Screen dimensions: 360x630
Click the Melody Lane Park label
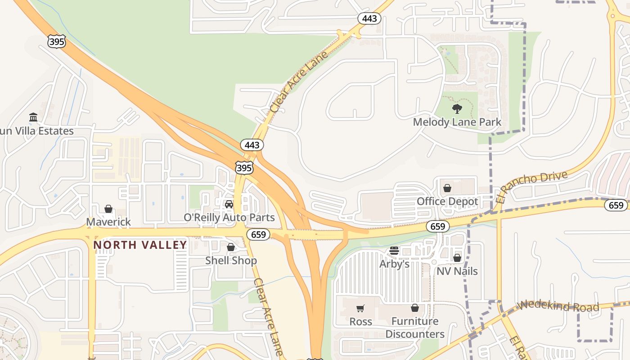[x=457, y=122]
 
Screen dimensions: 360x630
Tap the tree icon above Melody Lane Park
[x=457, y=108]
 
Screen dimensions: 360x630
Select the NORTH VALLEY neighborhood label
[x=140, y=245]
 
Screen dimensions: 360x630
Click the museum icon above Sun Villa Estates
[x=33, y=117]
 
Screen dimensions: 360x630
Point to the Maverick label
[x=108, y=222]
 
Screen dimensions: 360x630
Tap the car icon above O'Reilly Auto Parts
[x=229, y=204]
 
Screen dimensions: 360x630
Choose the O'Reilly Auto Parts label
[x=229, y=218]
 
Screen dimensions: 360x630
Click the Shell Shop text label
[x=231, y=261]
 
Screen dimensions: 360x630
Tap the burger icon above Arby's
[x=394, y=251]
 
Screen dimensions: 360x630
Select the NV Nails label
[x=457, y=271]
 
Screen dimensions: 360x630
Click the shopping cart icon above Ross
[x=360, y=308]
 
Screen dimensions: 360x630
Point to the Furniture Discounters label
[x=414, y=328]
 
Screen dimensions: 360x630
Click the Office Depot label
[x=447, y=201]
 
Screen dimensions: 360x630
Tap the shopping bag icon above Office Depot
[x=447, y=188]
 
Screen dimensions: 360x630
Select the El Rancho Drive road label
[x=531, y=186]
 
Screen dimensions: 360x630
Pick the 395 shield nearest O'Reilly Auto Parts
[x=244, y=168]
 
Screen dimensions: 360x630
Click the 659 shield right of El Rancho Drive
[x=616, y=205]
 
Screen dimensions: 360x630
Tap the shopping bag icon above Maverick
[x=108, y=209]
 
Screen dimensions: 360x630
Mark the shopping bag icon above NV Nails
[x=457, y=258]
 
